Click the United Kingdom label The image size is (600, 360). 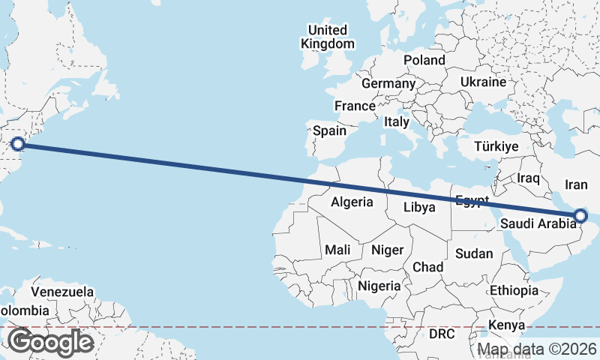pyautogui.click(x=328, y=37)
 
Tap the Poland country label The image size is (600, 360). pyautogui.click(x=424, y=60)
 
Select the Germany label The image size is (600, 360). pyautogui.click(x=388, y=83)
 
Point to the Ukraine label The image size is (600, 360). pyautogui.click(x=483, y=82)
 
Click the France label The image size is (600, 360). pyautogui.click(x=355, y=106)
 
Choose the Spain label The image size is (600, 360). pyautogui.click(x=329, y=130)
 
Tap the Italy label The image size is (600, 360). pyautogui.click(x=396, y=121)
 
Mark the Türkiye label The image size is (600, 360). pyautogui.click(x=496, y=147)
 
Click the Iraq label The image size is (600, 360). pyautogui.click(x=529, y=178)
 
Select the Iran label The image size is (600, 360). pyautogui.click(x=576, y=184)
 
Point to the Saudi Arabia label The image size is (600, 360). pyautogui.click(x=538, y=223)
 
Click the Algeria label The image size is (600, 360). pyautogui.click(x=352, y=202)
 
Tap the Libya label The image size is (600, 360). pyautogui.click(x=419, y=207)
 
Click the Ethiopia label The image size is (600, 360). pyautogui.click(x=514, y=290)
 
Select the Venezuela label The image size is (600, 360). pyautogui.click(x=62, y=291)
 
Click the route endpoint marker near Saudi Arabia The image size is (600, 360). pyautogui.click(x=580, y=217)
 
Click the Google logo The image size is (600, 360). pyautogui.click(x=50, y=342)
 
